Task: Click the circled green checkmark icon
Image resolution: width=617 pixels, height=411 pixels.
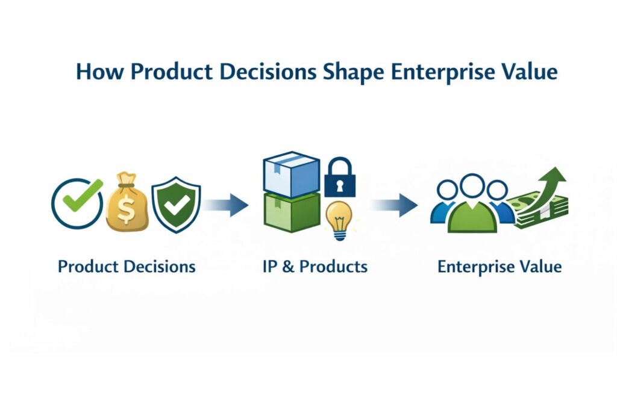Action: tap(78, 203)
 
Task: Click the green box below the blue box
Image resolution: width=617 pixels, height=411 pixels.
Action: tap(292, 214)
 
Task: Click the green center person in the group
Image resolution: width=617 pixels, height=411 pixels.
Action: tap(472, 208)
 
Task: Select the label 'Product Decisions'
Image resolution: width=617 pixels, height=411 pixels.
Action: tap(127, 266)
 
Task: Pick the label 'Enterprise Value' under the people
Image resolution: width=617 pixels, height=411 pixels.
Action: tap(500, 266)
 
